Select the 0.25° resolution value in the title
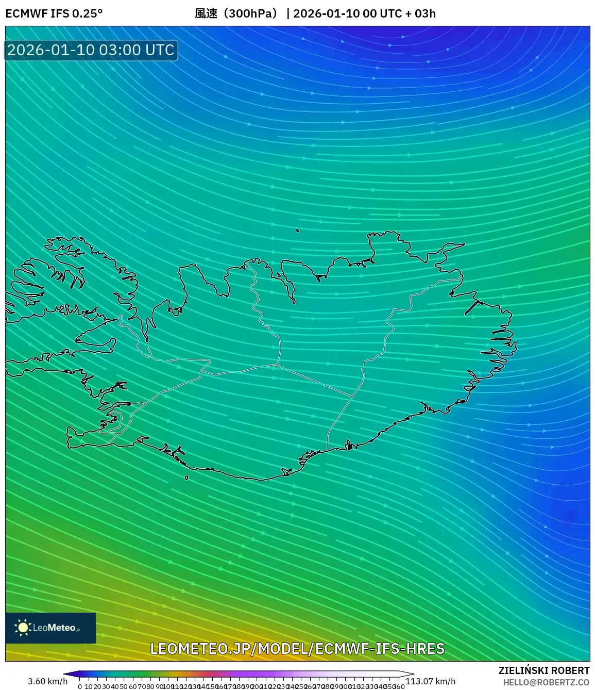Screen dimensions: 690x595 click(x=87, y=13)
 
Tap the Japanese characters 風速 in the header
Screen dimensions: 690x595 click(x=206, y=13)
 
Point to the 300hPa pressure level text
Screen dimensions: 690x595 click(x=252, y=13)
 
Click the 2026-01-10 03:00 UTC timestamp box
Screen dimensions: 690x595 click(x=91, y=51)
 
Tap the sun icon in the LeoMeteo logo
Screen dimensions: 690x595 click(x=23, y=628)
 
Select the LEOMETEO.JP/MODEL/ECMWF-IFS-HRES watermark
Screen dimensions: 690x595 click(x=297, y=649)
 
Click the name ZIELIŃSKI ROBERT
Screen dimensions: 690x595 click(x=544, y=670)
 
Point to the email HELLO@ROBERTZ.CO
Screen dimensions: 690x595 click(x=546, y=682)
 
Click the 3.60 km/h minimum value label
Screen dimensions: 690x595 click(x=47, y=681)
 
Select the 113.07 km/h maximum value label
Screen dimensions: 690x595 click(x=430, y=681)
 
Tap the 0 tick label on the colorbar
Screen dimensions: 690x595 click(x=80, y=686)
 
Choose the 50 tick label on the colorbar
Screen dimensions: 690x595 click(x=124, y=686)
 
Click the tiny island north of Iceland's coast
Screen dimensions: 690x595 click(x=298, y=231)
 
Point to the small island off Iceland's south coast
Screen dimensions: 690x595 click(x=186, y=478)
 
